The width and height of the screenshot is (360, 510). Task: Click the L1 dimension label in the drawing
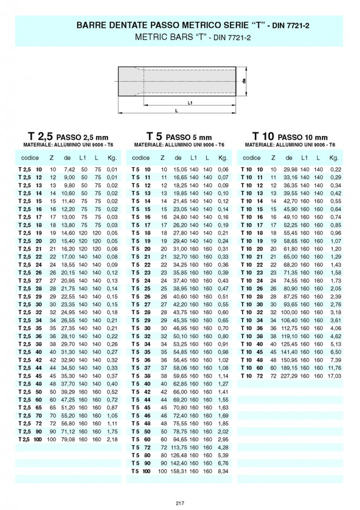[190, 103]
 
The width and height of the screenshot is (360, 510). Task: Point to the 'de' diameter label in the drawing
[245, 81]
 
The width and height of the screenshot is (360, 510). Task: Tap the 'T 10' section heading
[264, 136]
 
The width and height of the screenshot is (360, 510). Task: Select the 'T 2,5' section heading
[41, 136]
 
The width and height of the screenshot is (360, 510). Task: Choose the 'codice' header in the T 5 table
[141, 158]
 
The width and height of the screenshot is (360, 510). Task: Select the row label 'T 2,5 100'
[30, 439]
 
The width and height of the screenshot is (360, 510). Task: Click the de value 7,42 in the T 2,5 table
[69, 169]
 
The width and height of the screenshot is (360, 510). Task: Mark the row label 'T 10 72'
[252, 375]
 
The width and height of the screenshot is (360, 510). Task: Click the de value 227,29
[288, 375]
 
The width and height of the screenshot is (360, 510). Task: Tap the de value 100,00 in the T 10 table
[288, 312]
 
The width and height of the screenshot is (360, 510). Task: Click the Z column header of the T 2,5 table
[52, 158]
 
